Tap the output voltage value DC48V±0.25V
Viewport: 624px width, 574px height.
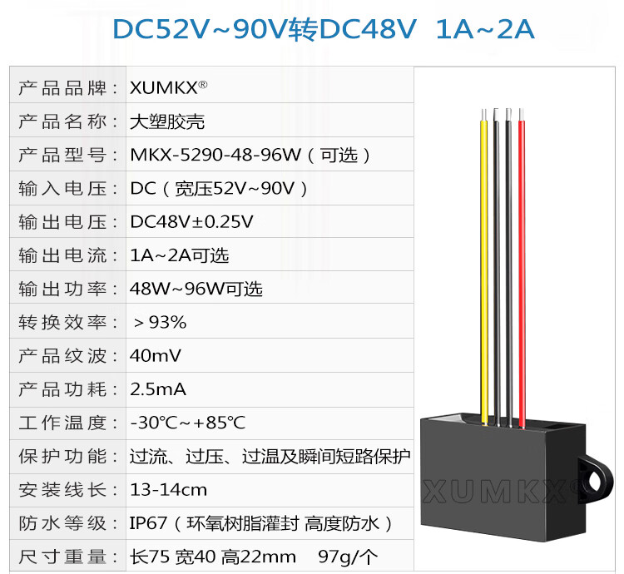tap(192, 222)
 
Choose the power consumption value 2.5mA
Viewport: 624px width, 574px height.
tap(158, 389)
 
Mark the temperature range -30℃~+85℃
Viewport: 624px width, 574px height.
tap(187, 423)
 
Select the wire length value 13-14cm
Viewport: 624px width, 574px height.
tap(169, 489)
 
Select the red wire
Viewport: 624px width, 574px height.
tap(522, 266)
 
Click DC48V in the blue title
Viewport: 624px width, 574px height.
tap(367, 30)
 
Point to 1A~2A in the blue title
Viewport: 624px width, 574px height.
tap(484, 30)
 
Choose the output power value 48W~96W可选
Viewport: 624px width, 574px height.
tap(196, 289)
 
